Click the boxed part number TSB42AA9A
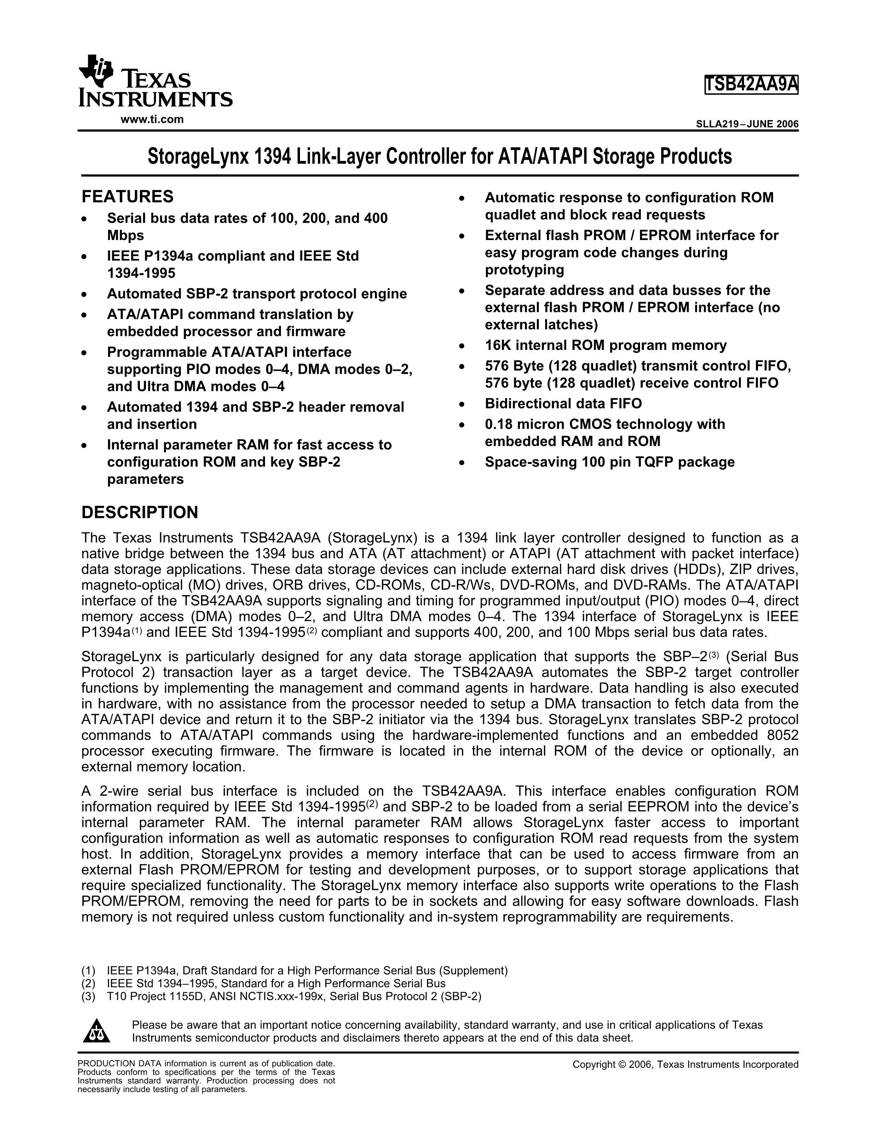(751, 85)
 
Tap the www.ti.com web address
(152, 119)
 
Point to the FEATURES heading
(127, 197)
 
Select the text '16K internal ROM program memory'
(605, 345)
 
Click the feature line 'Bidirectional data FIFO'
(563, 404)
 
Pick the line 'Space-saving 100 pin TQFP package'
(610, 462)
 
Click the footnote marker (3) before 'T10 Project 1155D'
(88, 996)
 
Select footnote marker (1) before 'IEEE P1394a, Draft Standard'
(88, 971)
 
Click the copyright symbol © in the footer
(623, 1064)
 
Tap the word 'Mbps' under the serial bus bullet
(126, 235)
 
